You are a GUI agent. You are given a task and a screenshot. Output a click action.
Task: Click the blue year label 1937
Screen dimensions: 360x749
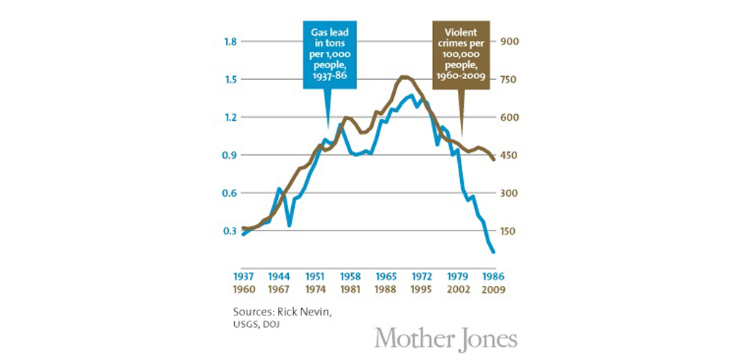tap(244, 277)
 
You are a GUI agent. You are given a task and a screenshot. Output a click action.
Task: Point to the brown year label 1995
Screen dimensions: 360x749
tap(421, 289)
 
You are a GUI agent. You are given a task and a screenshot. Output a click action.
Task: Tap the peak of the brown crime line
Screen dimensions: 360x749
tap(404, 76)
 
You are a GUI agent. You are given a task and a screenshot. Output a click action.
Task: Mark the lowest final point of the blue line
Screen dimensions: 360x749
tap(494, 252)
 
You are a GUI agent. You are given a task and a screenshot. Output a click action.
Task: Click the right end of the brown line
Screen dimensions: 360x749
tap(494, 160)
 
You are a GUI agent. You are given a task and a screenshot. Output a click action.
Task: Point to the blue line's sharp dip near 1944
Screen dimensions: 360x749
tap(290, 225)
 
